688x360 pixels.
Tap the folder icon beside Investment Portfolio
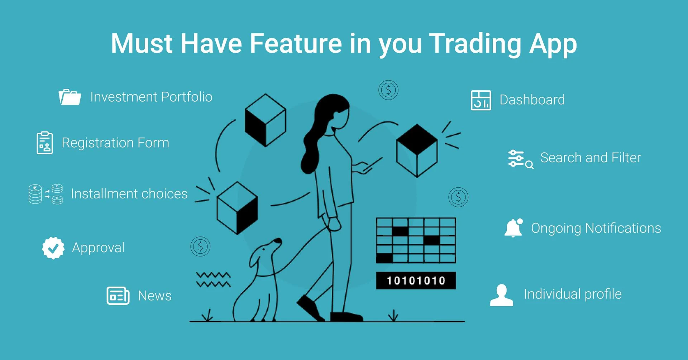click(x=70, y=97)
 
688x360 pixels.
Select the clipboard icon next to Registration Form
click(x=44, y=143)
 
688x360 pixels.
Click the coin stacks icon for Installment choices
click(x=46, y=194)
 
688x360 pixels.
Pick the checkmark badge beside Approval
click(x=53, y=248)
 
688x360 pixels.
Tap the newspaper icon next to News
click(x=118, y=296)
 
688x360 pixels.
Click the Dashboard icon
click(x=481, y=100)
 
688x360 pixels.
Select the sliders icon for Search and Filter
click(x=521, y=159)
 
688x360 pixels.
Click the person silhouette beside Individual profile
click(x=501, y=295)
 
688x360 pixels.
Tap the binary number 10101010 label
click(x=416, y=280)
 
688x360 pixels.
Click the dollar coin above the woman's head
click(x=388, y=90)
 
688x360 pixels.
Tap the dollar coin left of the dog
click(x=200, y=246)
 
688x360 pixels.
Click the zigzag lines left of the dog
click(x=213, y=280)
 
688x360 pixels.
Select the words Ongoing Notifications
click(x=596, y=229)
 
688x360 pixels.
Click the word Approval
click(x=98, y=248)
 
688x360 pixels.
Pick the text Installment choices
click(x=129, y=194)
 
